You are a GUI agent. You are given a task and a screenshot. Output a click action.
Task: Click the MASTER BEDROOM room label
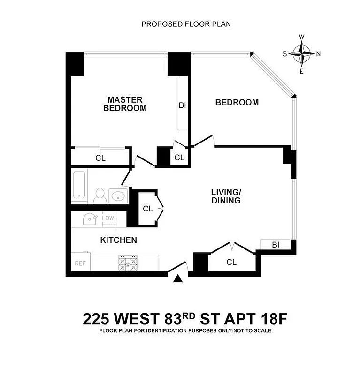[x=124, y=104]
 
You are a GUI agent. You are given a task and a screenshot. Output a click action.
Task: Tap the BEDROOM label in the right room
[x=237, y=102]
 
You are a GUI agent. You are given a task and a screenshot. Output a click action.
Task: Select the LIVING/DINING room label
[x=225, y=196]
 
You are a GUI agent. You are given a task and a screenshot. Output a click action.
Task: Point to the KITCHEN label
[x=118, y=240]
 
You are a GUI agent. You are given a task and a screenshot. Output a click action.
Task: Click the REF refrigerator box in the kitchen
[x=80, y=263]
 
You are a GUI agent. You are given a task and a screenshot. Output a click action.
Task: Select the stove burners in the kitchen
[x=128, y=263]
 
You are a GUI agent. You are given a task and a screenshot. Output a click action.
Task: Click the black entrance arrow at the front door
[x=178, y=279]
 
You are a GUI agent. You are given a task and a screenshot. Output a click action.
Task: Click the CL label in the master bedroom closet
[x=100, y=158]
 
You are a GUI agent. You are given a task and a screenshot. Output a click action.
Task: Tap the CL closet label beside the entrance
[x=231, y=262]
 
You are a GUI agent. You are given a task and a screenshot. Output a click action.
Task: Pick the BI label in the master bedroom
[x=182, y=105]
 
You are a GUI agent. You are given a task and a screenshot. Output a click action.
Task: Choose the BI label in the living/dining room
[x=276, y=245]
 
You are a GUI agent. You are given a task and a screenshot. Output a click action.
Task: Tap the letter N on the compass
[x=319, y=53]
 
